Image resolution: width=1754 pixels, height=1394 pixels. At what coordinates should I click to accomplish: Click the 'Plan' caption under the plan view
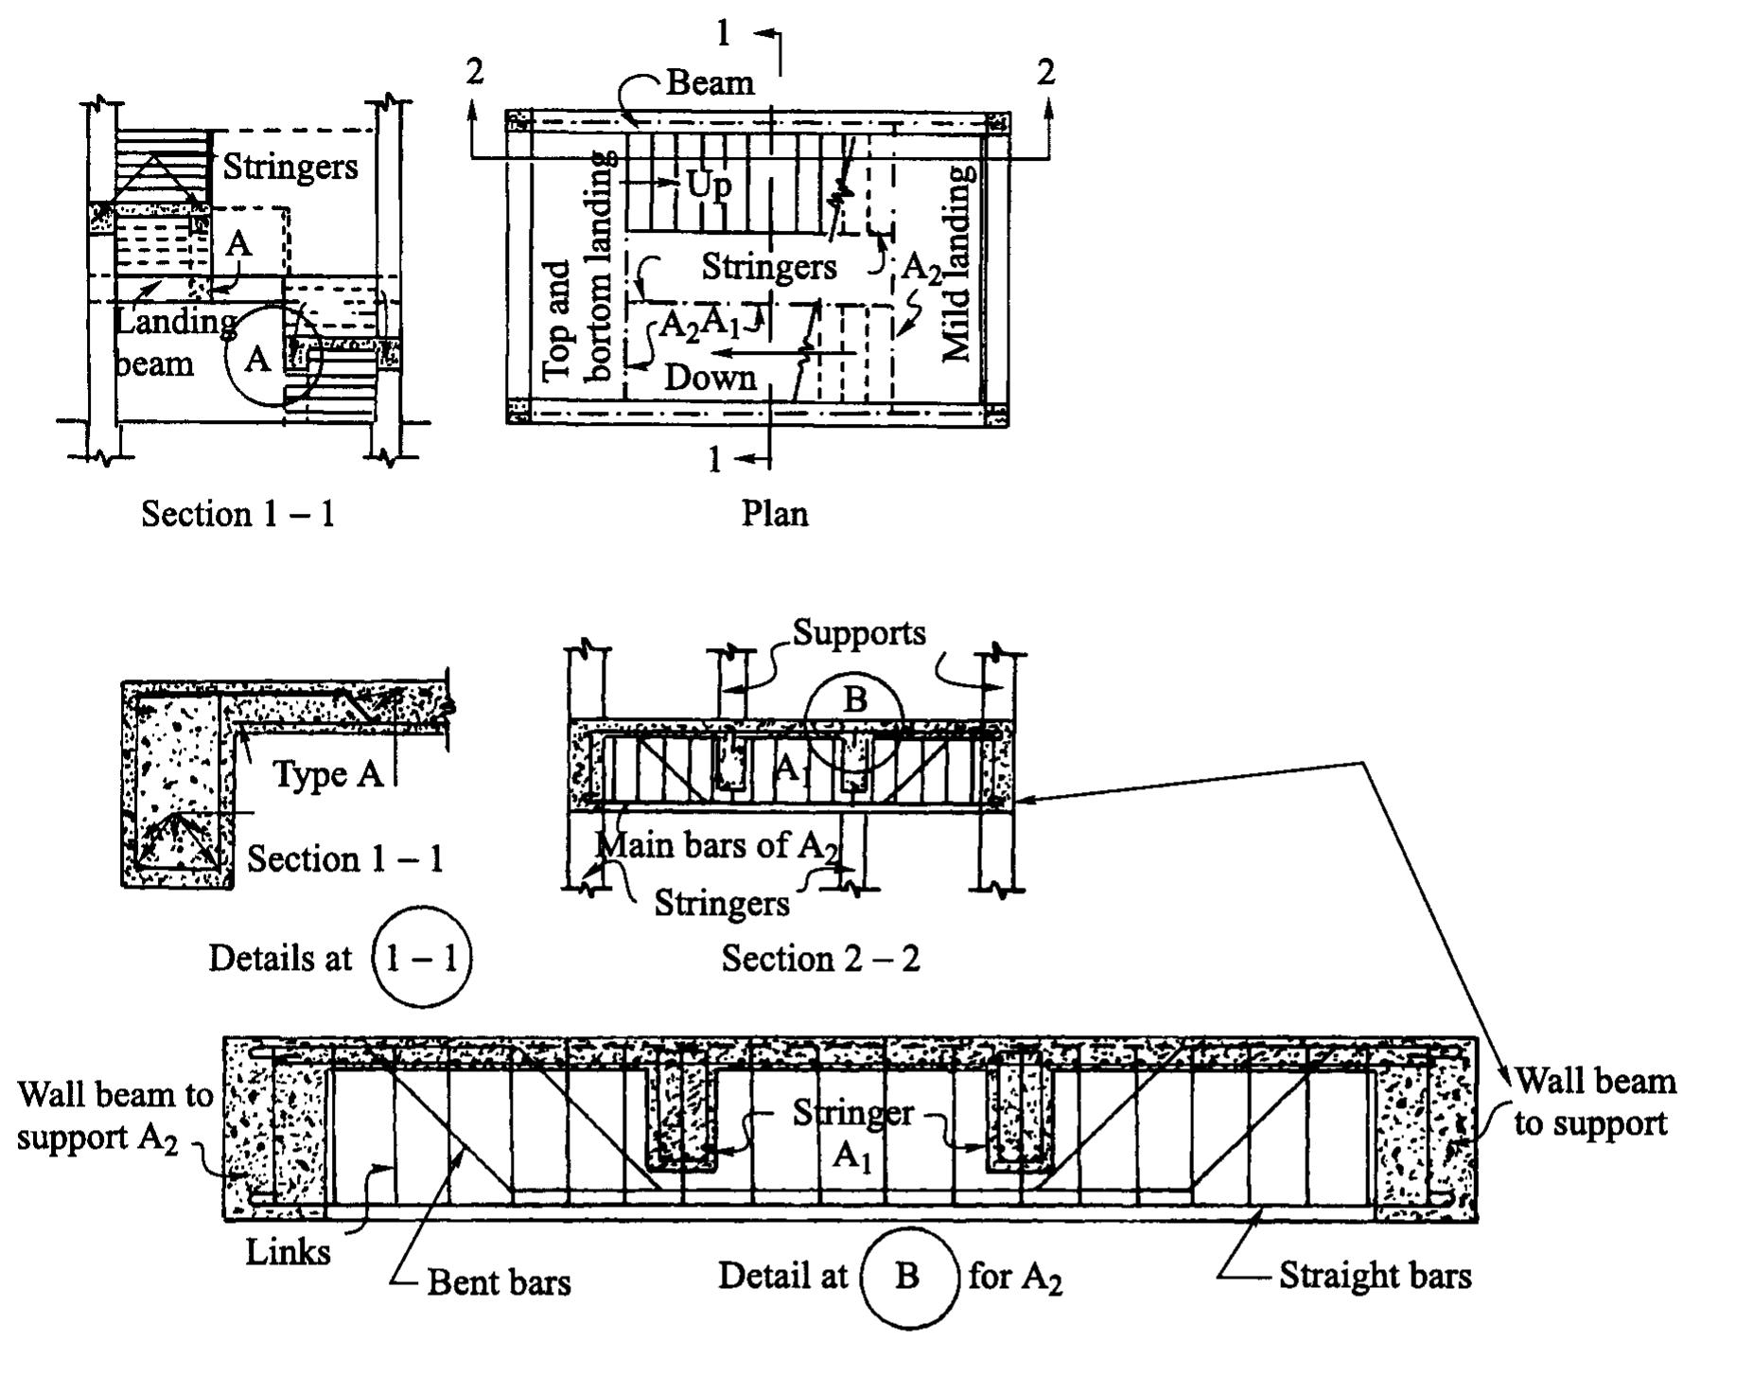point(774,514)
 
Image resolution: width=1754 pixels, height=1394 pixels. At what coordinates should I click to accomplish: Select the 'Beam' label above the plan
point(710,83)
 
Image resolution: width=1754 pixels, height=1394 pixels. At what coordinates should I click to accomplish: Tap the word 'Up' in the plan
point(709,184)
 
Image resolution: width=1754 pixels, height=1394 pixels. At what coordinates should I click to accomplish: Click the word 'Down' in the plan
point(710,378)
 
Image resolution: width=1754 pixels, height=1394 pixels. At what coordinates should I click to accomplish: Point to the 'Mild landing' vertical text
point(957,265)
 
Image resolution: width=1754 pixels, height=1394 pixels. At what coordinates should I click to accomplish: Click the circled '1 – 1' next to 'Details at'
point(422,959)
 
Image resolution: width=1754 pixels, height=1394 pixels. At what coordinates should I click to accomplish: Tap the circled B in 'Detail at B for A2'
point(907,1277)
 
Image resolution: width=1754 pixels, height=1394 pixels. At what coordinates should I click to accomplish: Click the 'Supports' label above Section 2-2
point(859,632)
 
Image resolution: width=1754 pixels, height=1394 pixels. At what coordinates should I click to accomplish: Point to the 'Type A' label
point(327,774)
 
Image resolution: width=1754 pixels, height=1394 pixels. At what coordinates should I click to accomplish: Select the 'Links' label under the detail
point(288,1252)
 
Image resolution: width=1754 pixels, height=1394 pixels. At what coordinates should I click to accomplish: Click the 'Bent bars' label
point(499,1283)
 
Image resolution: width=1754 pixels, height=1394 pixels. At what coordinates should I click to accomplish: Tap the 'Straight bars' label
point(1375,1276)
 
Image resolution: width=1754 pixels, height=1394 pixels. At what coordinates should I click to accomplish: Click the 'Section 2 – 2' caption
point(820,959)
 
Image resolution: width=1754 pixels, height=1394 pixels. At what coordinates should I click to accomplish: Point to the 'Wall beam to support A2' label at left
point(114,1116)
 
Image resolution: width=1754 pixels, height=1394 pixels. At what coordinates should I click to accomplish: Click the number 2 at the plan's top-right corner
point(1044,72)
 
